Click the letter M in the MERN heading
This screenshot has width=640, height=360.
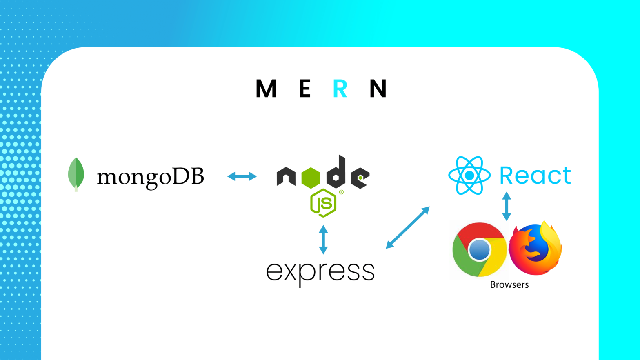pyautogui.click(x=266, y=89)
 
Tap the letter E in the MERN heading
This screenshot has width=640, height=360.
pyautogui.click(x=304, y=89)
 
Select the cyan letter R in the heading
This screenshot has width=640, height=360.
pyautogui.click(x=340, y=89)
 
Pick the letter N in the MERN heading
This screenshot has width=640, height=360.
pyautogui.click(x=378, y=89)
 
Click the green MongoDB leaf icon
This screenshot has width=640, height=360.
pyautogui.click(x=76, y=174)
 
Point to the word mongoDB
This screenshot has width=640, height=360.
pyautogui.click(x=150, y=177)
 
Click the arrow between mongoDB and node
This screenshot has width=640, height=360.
pyautogui.click(x=242, y=176)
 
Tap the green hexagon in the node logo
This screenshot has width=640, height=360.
pyautogui.click(x=311, y=178)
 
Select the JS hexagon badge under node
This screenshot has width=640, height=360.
pyautogui.click(x=323, y=203)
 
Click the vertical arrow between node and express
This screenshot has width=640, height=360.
pyautogui.click(x=323, y=240)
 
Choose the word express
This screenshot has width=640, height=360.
pyautogui.click(x=320, y=272)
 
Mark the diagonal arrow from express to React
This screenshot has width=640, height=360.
pyautogui.click(x=408, y=227)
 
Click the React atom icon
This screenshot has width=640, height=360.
pyautogui.click(x=469, y=176)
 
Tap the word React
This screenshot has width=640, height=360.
pyautogui.click(x=535, y=176)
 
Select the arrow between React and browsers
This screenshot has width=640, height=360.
pyautogui.click(x=507, y=207)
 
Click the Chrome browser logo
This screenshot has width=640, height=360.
pyautogui.click(x=479, y=249)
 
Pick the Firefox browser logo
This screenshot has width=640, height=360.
pyautogui.click(x=536, y=248)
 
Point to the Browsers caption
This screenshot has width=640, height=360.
pyautogui.click(x=509, y=285)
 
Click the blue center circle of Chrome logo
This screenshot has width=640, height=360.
pyautogui.click(x=479, y=249)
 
